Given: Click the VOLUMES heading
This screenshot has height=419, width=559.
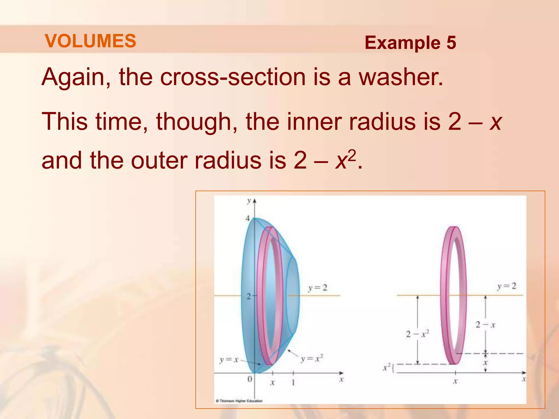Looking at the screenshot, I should coord(90,41).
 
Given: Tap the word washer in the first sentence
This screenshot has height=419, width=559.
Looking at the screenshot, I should coord(401,77).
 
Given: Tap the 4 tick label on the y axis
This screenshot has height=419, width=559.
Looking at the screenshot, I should coord(248,219).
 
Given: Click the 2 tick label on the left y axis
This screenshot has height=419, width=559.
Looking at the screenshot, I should coord(248,297).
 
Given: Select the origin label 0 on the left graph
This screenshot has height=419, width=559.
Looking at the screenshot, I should coord(249,379).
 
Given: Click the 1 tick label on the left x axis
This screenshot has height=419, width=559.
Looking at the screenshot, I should coord(293,382).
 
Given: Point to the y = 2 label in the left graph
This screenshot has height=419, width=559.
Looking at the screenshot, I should coord(317,288).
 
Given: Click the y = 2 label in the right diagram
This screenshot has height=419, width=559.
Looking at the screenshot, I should coord(506,286).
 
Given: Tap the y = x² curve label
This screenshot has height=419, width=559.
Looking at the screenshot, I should coord(312,358).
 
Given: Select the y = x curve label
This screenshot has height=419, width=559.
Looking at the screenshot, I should coord(229,360).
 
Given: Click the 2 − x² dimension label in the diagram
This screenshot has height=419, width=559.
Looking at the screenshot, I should coord(417,334).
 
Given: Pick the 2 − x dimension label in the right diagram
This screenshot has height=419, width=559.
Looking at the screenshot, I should coord(485,325).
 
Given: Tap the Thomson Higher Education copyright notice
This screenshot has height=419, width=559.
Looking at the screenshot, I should coord(239,401).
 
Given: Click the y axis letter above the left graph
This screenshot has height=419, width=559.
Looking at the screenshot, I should coord(249,201).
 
